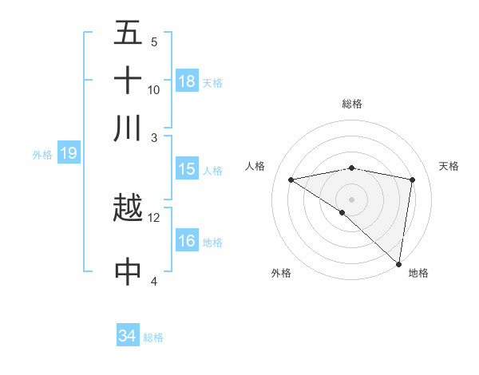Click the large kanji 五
coord(128,34)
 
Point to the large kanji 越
coord(128,209)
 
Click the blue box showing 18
coord(187,81)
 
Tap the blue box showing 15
coord(187,169)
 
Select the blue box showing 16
coord(187,241)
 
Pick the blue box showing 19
coord(69,153)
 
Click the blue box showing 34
coord(128,337)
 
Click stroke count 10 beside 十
coord(154,89)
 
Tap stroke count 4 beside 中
coord(154,280)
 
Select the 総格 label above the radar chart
coord(352,104)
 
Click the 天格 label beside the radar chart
coord(449,166)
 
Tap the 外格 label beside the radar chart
coord(281,273)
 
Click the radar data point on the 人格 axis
coord(291,180)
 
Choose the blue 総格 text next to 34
coord(153,337)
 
